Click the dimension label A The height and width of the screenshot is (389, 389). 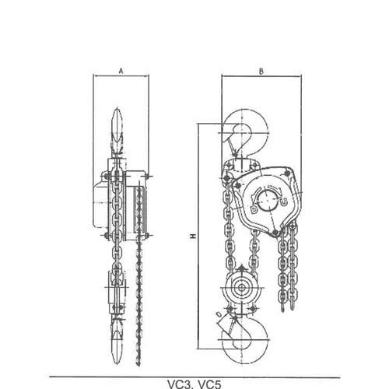(121, 71)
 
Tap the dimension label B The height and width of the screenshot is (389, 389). (261, 72)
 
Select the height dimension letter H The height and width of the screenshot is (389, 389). (193, 237)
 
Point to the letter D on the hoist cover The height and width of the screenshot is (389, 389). (254, 209)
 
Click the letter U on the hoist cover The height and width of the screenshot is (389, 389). (283, 202)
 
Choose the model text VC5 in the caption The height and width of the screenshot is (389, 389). (210, 384)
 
